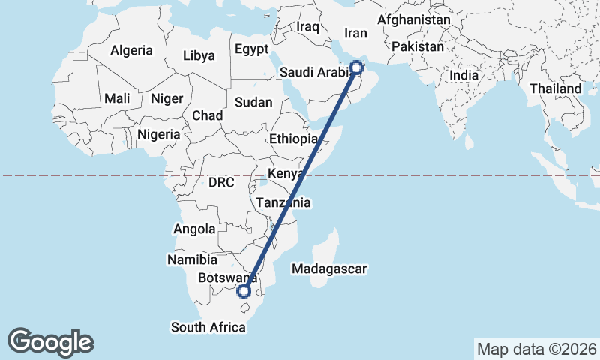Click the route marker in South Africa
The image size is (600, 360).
tap(243, 292)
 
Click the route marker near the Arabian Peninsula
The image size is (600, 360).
tap(357, 67)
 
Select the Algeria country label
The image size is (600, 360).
tap(131, 51)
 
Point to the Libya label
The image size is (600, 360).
tap(199, 55)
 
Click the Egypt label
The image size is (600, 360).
tap(251, 50)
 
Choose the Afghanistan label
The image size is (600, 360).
tap(414, 19)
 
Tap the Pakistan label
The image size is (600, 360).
tap(418, 46)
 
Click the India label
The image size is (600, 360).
tap(463, 75)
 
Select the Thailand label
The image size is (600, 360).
tap(556, 88)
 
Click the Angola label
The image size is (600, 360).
tap(194, 229)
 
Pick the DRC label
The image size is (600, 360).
tap(221, 182)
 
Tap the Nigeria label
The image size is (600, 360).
tap(159, 134)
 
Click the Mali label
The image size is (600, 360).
tap(117, 98)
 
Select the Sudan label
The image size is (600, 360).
tap(253, 102)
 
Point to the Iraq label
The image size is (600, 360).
tap(307, 27)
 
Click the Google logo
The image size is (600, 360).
tap(51, 341)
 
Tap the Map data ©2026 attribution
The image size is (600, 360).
tap(537, 349)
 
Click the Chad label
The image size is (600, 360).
tap(207, 115)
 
